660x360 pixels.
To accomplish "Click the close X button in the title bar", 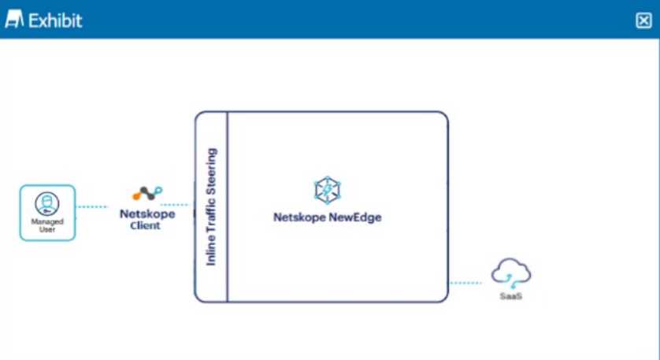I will pyautogui.click(x=643, y=21).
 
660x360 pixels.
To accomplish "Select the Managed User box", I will pyautogui.click(x=47, y=213).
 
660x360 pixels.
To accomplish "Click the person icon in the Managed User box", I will pyautogui.click(x=47, y=203).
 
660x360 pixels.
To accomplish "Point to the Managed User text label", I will pyautogui.click(x=47, y=225).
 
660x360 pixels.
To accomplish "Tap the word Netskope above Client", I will pyautogui.click(x=146, y=213).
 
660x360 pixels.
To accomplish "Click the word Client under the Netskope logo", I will pyautogui.click(x=146, y=225).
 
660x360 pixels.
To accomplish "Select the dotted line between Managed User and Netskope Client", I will pyautogui.click(x=93, y=207).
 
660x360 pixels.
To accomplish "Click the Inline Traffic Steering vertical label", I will pyautogui.click(x=211, y=206).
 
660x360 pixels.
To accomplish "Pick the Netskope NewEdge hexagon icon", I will pyautogui.click(x=326, y=190).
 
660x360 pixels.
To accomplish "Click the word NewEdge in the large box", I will pyautogui.click(x=355, y=217).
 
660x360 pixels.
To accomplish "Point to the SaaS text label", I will pyautogui.click(x=510, y=297).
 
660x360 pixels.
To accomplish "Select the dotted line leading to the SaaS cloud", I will pyautogui.click(x=465, y=282).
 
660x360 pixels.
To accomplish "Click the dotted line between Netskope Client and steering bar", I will pyautogui.click(x=175, y=204).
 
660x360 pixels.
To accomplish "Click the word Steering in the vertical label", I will pyautogui.click(x=211, y=170).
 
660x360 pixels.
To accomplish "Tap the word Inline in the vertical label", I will pyautogui.click(x=211, y=251).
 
